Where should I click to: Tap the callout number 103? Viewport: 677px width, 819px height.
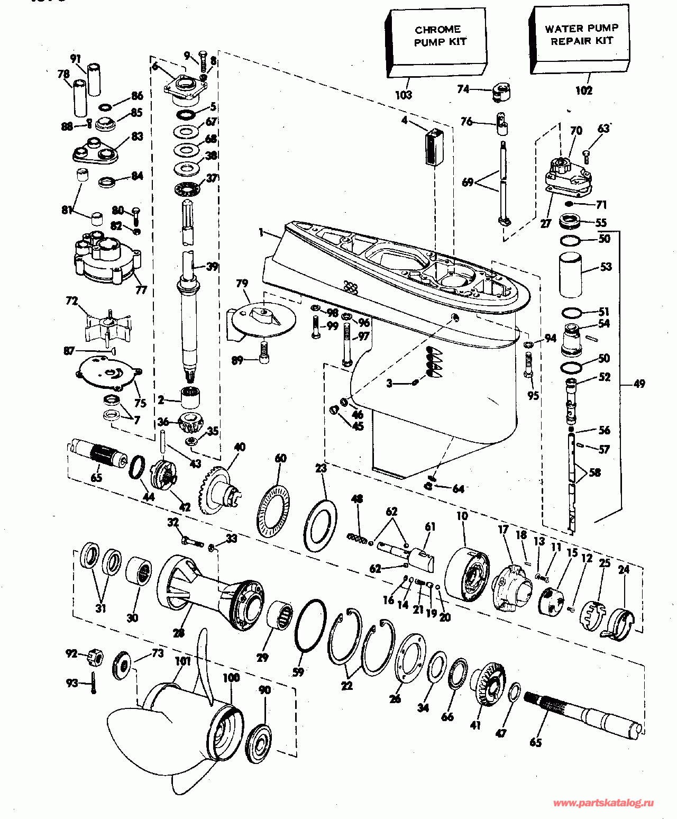(404, 95)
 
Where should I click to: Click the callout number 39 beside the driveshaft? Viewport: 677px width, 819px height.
(212, 266)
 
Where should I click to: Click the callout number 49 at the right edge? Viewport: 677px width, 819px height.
(639, 384)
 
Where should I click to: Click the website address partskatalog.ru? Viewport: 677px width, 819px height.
(603, 803)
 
